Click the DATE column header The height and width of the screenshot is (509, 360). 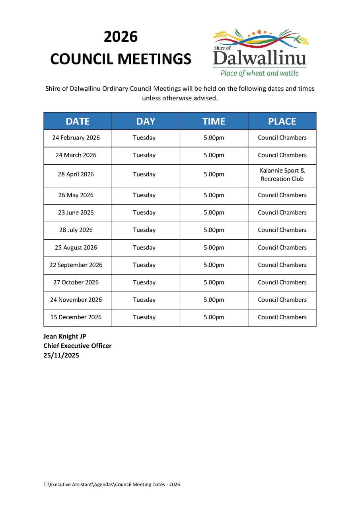pos(78,121)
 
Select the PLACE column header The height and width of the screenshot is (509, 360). pos(282,121)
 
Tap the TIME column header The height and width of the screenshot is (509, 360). pos(214,121)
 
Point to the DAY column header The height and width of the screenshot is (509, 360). pos(146,121)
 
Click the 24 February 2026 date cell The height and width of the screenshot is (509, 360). pos(76,138)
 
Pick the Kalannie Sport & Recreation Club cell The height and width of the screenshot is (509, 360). pos(282,175)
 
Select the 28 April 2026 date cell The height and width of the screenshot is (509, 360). pos(76,174)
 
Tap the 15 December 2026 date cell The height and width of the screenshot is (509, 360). pos(76,317)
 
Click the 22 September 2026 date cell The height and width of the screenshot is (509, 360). pos(76,265)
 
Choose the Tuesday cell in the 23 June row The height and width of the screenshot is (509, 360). pos(144,212)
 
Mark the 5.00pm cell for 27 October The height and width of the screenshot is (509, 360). pos(214,282)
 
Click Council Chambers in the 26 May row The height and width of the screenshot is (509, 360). pos(282,195)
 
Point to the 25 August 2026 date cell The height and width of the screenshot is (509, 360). pos(76,247)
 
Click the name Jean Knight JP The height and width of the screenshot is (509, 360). pos(65,336)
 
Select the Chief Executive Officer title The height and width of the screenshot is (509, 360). pos(78,346)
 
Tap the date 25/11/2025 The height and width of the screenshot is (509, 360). pos(61,356)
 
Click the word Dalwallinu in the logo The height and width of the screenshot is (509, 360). pos(259,58)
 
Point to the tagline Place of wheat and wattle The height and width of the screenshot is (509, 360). pos(259,73)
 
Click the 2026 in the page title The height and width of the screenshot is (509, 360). pos(121,37)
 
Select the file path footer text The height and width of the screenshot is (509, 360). pos(112,484)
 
